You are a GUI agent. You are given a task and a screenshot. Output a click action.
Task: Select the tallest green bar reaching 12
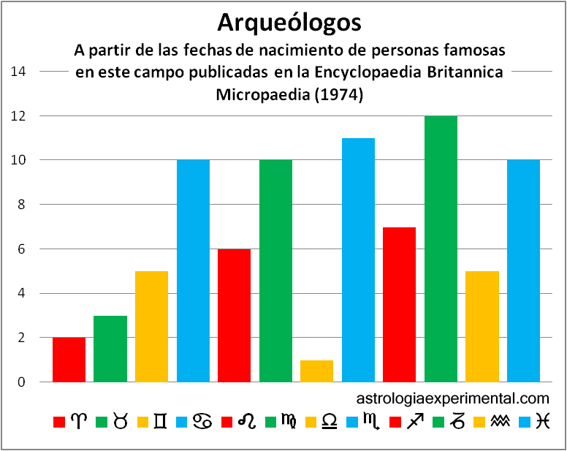[x=441, y=249]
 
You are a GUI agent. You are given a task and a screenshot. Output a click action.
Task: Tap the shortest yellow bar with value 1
[x=316, y=371]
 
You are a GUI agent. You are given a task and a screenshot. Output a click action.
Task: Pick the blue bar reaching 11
[x=358, y=259]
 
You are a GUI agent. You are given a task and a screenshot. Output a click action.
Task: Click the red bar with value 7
[x=399, y=304]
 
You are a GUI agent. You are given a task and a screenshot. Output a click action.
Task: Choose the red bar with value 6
[x=234, y=315]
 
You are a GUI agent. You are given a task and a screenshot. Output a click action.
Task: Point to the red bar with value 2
[x=69, y=360]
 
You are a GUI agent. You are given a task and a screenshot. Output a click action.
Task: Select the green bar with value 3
[x=110, y=349]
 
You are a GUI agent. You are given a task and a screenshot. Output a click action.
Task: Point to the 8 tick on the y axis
[x=23, y=205]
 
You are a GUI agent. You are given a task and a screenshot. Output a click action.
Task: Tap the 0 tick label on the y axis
[x=23, y=382]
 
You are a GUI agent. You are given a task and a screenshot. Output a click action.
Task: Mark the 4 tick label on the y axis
[x=23, y=294]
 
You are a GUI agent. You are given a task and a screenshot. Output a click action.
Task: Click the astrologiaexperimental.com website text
[x=452, y=399]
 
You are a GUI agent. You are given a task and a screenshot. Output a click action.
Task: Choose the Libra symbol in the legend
[x=331, y=422]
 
